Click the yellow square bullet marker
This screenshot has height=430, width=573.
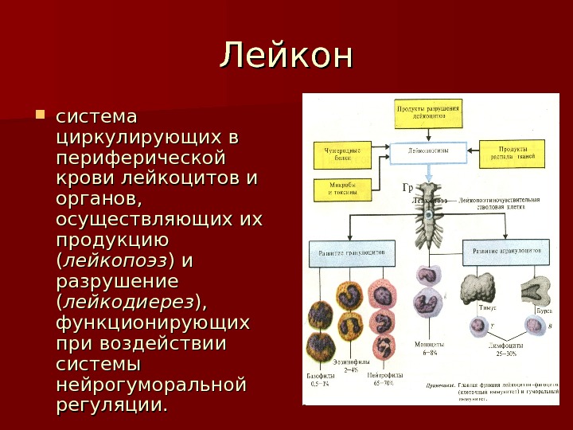pos(41,118)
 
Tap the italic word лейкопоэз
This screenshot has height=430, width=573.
pos(116,260)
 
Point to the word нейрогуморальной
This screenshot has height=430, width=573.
pos(152,385)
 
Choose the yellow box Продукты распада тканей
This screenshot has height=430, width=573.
pos(511,153)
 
